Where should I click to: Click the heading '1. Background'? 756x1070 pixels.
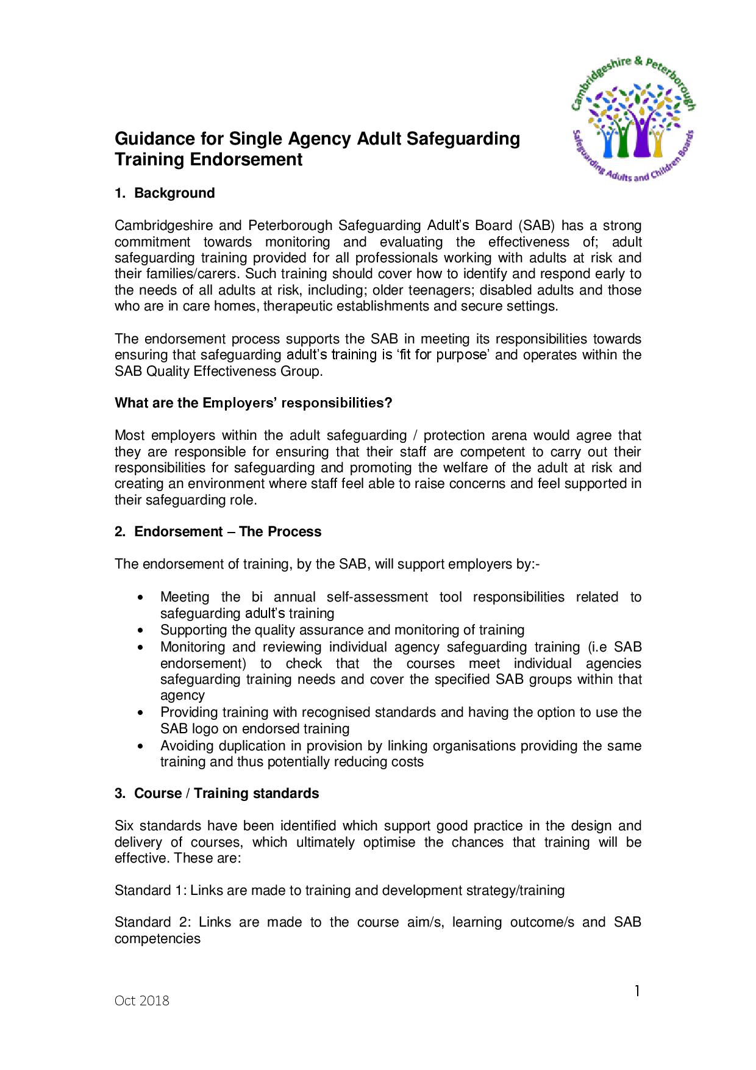tap(165, 193)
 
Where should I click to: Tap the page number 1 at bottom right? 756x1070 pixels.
tap(637, 992)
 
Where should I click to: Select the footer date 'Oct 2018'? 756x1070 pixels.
tap(142, 1001)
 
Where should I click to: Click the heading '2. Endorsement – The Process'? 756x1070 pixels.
tap(218, 532)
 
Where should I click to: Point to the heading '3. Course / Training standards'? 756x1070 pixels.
tap(216, 794)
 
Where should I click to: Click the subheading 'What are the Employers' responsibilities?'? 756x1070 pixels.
tap(253, 403)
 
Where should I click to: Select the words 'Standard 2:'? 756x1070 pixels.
tap(151, 922)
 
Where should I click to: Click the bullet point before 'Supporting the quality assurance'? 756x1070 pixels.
tap(141, 631)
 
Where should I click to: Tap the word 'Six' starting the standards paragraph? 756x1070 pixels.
tap(124, 826)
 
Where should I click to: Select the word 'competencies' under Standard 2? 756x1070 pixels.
tap(157, 939)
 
